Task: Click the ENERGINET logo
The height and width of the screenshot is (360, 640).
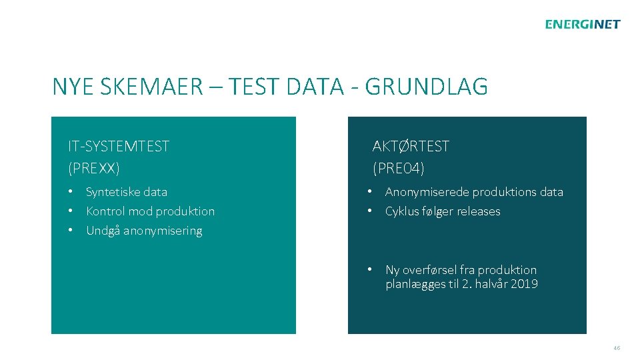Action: [582, 25]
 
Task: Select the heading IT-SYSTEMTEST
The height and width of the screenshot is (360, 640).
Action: [119, 146]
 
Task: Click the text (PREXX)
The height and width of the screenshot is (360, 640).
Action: [94, 167]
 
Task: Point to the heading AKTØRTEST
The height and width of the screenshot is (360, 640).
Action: [411, 146]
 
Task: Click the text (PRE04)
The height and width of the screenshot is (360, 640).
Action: [399, 167]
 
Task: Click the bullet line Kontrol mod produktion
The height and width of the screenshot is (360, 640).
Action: [150, 211]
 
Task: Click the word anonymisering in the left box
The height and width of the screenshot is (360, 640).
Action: [163, 231]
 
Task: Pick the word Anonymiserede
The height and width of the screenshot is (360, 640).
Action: [426, 192]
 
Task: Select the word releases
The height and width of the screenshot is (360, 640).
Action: [478, 211]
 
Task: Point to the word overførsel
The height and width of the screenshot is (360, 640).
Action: [431, 270]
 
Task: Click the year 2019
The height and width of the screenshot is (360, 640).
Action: [525, 284]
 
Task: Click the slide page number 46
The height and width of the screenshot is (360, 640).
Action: [617, 348]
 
